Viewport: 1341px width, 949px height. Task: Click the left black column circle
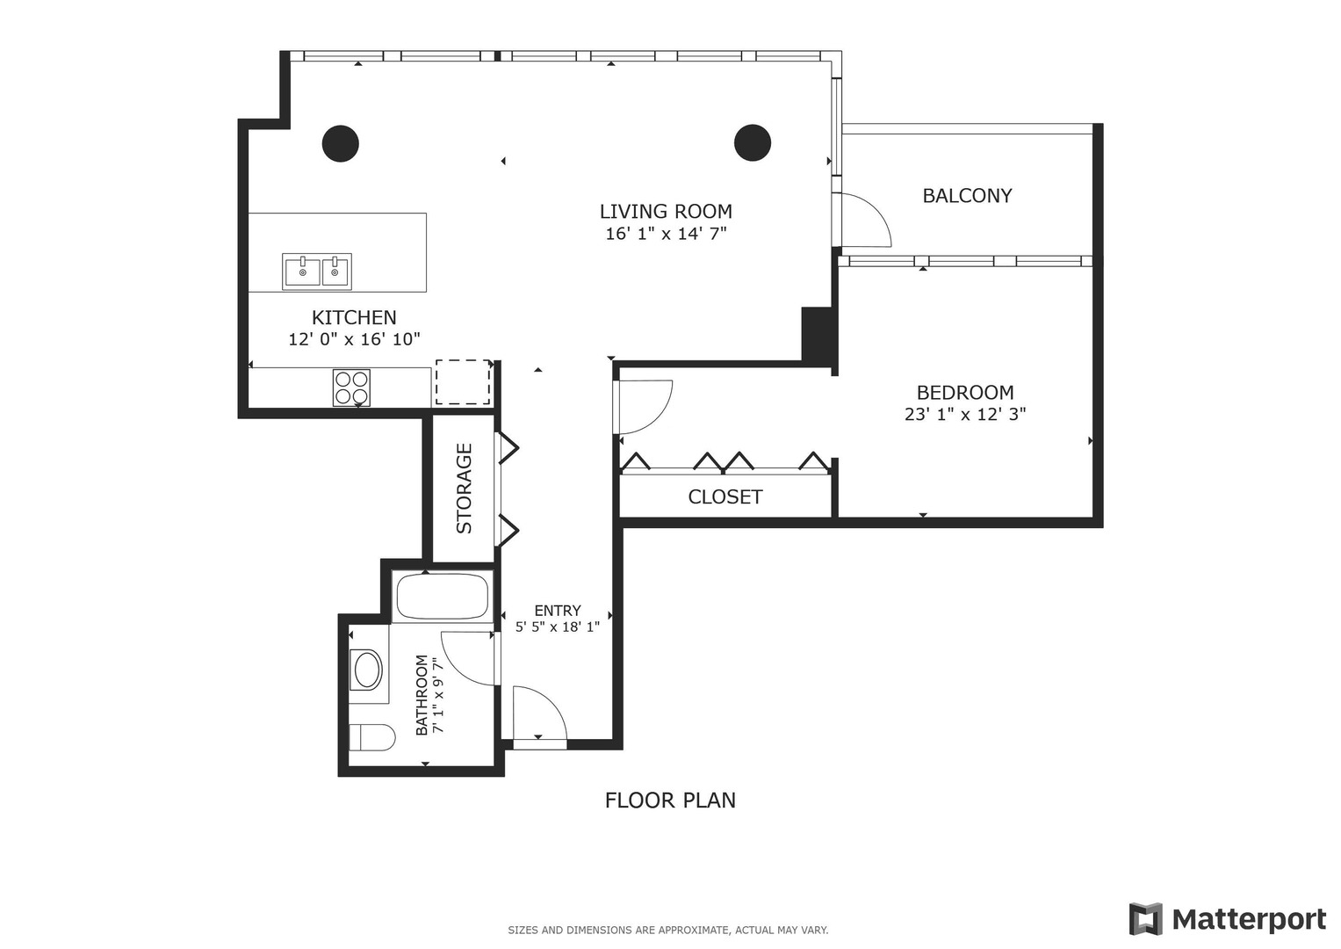tap(340, 143)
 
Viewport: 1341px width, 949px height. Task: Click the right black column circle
tap(753, 142)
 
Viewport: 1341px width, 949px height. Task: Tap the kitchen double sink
tap(317, 272)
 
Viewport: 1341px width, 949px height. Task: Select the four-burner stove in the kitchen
tap(351, 388)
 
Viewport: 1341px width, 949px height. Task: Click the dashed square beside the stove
tap(463, 382)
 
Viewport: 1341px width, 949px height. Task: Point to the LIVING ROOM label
tap(666, 211)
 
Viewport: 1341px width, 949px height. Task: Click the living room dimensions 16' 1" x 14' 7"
tap(666, 234)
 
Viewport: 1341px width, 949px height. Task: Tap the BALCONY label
tap(967, 196)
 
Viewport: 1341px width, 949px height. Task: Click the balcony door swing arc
tap(865, 221)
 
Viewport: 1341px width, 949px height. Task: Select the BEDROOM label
tap(965, 393)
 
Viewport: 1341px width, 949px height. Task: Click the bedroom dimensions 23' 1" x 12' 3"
tap(965, 414)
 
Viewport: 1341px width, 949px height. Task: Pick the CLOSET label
tap(725, 497)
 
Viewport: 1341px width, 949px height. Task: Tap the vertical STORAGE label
tap(464, 488)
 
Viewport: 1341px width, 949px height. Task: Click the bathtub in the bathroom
tap(442, 597)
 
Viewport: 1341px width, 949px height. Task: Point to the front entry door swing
tap(537, 714)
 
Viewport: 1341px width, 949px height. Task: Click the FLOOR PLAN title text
tap(670, 800)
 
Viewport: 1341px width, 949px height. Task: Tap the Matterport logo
tap(1228, 919)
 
